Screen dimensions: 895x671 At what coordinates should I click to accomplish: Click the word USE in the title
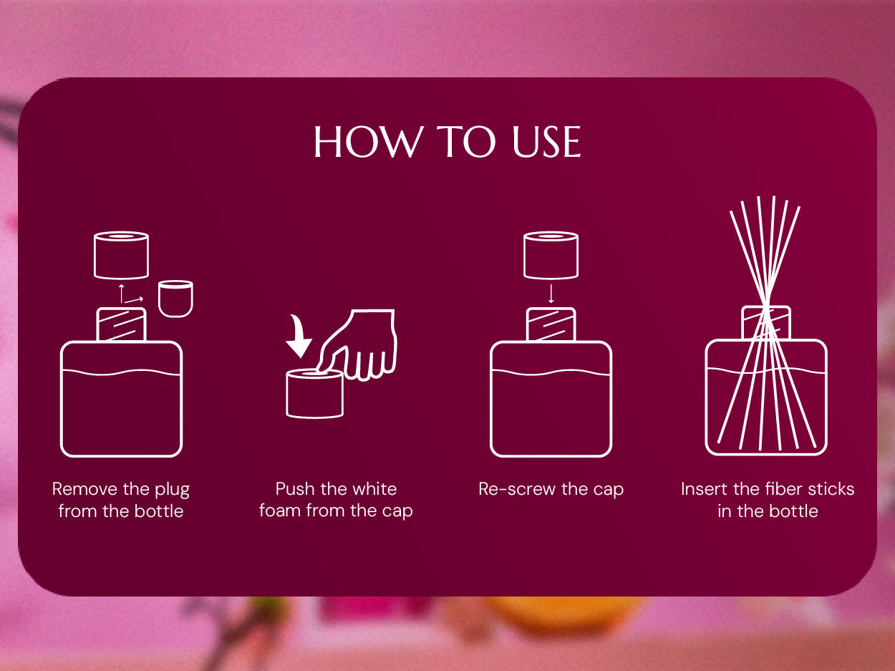point(546,142)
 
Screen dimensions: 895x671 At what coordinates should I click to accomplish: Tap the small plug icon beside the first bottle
point(175,299)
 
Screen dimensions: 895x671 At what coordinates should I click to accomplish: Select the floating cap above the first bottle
point(121,255)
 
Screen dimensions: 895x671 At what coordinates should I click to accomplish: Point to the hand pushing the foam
point(359,344)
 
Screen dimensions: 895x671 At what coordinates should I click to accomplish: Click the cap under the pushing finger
point(314,394)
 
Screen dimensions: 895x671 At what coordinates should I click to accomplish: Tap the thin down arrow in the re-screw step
point(551,294)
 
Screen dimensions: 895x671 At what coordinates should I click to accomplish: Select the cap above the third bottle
point(551,255)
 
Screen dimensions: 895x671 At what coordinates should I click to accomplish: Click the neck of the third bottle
point(551,324)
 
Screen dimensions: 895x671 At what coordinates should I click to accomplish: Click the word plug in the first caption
point(172,490)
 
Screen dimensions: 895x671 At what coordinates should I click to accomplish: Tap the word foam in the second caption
point(279,511)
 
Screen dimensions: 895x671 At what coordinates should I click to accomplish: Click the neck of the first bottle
point(121,324)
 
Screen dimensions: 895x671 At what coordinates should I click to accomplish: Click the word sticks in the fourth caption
point(831,489)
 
